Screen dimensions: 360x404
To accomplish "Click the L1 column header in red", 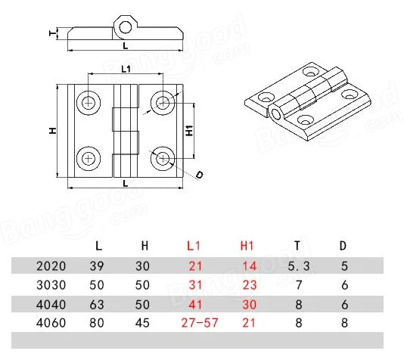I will click(x=194, y=246).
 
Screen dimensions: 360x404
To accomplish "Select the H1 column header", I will click(x=247, y=246).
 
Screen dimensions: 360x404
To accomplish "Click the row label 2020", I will click(x=51, y=266).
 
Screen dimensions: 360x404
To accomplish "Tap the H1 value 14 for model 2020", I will click(x=247, y=266).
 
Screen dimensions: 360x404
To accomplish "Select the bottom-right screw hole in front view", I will click(x=160, y=158).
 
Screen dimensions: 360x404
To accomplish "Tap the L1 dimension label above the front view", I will click(x=126, y=69).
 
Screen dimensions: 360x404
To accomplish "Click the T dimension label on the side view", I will click(x=51, y=33).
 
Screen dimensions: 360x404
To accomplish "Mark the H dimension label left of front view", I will click(x=52, y=130).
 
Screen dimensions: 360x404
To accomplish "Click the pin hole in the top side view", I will click(x=124, y=27).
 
